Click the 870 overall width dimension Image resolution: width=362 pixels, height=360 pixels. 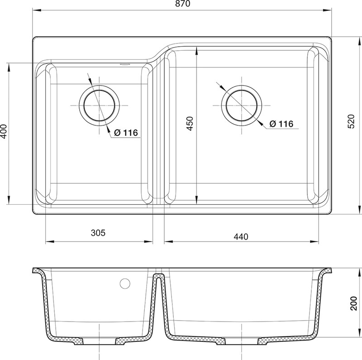pos(183,4)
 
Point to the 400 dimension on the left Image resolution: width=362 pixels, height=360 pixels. pos(4,131)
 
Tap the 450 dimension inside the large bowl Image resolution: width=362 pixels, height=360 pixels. pos(190,124)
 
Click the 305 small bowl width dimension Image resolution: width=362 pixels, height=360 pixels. pos(98,233)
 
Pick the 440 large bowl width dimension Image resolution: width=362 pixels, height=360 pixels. pos(241,237)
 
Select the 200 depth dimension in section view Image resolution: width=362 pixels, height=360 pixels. pos(353,303)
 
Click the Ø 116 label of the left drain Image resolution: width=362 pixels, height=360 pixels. pos(126,133)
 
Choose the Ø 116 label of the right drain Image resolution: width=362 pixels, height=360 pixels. pos(281,124)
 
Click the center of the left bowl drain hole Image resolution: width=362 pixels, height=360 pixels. pos(99,106)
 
